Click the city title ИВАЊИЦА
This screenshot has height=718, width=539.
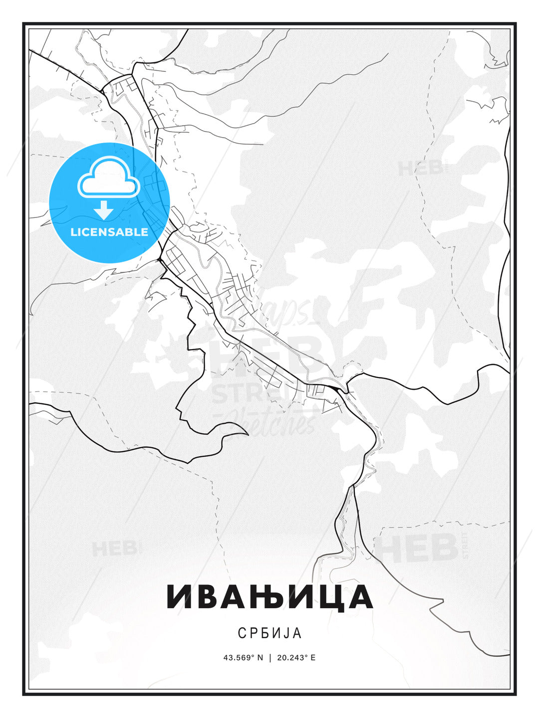[269, 596]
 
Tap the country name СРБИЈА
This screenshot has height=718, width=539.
[269, 633]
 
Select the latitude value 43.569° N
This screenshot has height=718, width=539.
[243, 658]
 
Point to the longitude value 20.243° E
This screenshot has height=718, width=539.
[296, 658]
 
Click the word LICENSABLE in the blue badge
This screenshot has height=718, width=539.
[109, 232]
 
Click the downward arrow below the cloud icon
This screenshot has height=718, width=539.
[104, 210]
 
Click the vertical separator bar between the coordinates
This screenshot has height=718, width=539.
[270, 658]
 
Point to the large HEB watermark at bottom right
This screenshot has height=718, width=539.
[416, 547]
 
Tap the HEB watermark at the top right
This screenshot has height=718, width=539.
[420, 169]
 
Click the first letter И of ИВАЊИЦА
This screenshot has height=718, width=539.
[179, 596]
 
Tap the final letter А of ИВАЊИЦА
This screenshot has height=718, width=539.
[361, 596]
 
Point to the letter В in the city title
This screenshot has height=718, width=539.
[208, 596]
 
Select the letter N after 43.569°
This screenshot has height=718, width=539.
[260, 658]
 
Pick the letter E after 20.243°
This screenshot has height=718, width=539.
[313, 658]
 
